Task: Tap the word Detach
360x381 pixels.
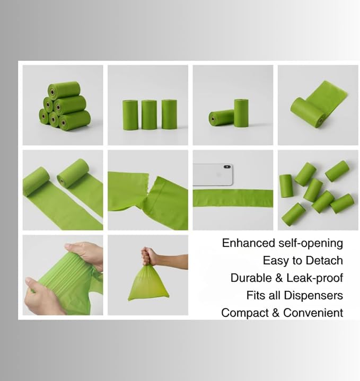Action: pyautogui.click(x=324, y=261)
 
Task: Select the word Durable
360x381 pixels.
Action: pyautogui.click(x=251, y=278)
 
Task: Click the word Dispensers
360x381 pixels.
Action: pyautogui.click(x=313, y=296)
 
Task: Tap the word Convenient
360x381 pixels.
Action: pyautogui.click(x=313, y=313)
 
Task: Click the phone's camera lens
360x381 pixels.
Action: pyautogui.click(x=227, y=167)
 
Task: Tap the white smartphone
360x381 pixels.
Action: pyautogui.click(x=213, y=175)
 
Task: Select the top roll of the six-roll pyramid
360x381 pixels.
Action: pyautogui.click(x=64, y=90)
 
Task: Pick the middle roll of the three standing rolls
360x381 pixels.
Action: pyautogui.click(x=149, y=114)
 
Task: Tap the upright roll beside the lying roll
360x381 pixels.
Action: pyautogui.click(x=241, y=113)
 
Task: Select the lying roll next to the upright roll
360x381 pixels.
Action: pyautogui.click(x=221, y=118)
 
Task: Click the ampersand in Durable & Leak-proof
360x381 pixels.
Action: pyautogui.click(x=279, y=278)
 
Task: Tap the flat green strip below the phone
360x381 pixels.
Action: pyautogui.click(x=233, y=198)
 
